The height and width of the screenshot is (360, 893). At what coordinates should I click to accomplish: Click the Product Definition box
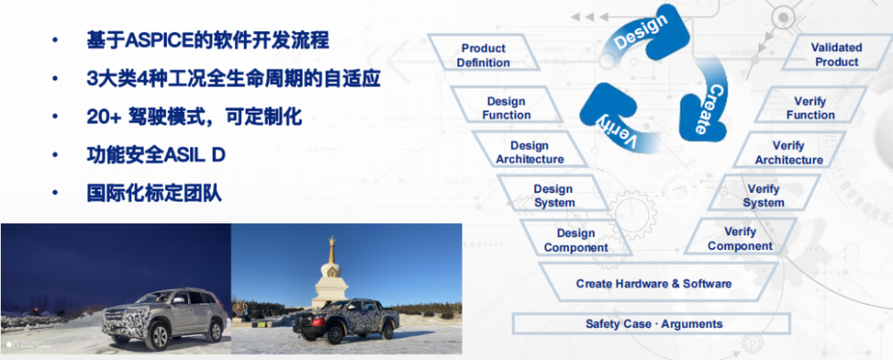[x=483, y=55]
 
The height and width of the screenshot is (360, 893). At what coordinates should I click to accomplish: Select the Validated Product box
[x=837, y=54]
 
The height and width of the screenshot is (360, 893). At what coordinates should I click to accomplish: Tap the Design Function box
[x=506, y=108]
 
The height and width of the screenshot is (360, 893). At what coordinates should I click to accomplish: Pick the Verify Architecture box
[x=789, y=153]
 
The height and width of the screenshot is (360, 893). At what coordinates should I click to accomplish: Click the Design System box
[x=555, y=196]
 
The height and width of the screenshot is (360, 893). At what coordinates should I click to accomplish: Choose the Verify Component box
[x=739, y=239]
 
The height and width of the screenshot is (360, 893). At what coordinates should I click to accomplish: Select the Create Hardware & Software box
[x=654, y=283]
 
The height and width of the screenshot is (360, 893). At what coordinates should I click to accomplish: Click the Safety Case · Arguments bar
[x=654, y=323]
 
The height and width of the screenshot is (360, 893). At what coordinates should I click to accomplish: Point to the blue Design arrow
[x=641, y=33]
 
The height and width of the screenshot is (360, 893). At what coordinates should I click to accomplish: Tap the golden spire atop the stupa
[x=331, y=249]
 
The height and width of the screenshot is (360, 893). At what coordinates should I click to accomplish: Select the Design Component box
[x=576, y=239]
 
